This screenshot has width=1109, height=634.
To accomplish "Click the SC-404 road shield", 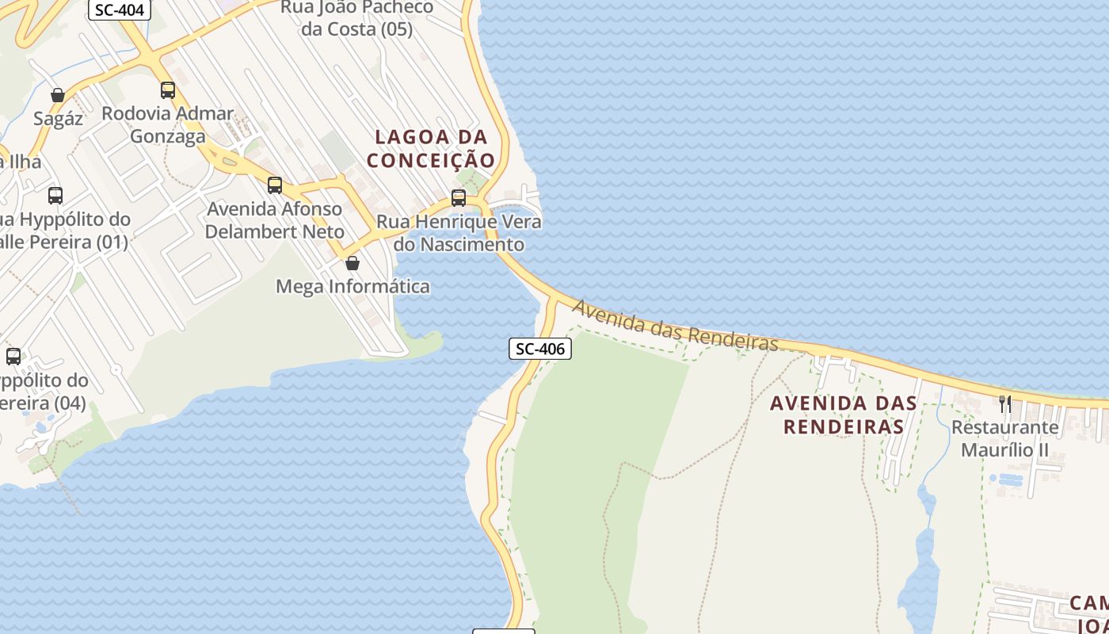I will click(x=119, y=10).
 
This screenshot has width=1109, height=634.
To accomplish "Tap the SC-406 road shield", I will click(x=539, y=349).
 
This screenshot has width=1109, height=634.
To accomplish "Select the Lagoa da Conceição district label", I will click(x=431, y=148).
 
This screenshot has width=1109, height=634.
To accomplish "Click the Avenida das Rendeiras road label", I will click(x=675, y=326).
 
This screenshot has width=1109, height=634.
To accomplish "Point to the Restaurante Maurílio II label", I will click(x=1004, y=438).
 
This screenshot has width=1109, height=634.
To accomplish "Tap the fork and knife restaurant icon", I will click(x=1004, y=404).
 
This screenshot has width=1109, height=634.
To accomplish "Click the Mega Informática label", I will click(x=353, y=286).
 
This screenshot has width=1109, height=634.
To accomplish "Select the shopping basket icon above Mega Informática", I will click(x=353, y=262).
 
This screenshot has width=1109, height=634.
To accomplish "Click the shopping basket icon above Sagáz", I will click(x=58, y=95).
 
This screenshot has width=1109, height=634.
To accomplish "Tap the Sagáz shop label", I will click(x=58, y=119).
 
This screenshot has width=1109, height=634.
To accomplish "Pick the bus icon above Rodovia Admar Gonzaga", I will click(x=167, y=90).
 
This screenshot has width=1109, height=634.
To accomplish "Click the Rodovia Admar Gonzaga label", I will click(x=167, y=124).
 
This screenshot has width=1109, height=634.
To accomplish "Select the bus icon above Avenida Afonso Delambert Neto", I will click(x=275, y=185).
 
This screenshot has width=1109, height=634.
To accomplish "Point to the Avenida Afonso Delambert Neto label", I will click(x=275, y=220).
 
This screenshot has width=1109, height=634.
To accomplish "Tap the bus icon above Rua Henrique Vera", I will click(x=459, y=198).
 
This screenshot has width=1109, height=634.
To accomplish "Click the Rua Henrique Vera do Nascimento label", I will click(x=459, y=233).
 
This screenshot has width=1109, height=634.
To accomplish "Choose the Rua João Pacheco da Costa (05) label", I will click(x=356, y=18).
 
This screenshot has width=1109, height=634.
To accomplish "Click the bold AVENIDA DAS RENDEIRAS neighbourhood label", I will click(x=844, y=414).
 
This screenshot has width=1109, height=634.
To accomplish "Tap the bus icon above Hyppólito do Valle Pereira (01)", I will click(x=55, y=195).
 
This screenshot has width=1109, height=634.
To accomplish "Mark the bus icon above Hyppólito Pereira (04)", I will click(x=13, y=357).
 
